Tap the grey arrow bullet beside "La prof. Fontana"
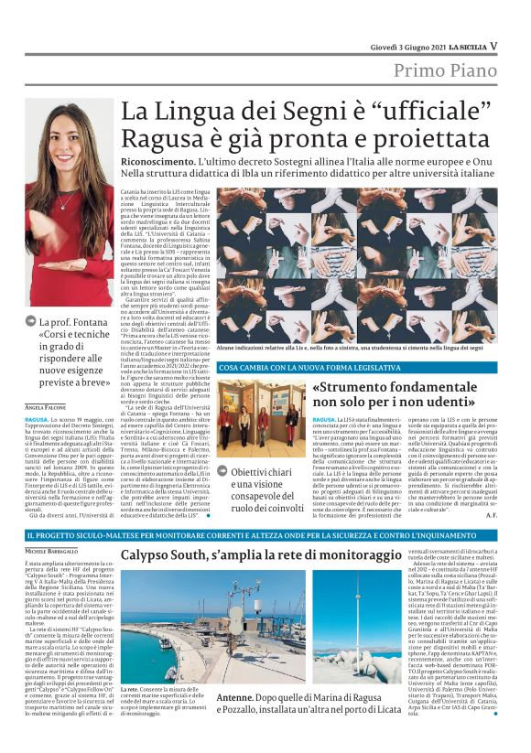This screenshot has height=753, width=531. point(32,321)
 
